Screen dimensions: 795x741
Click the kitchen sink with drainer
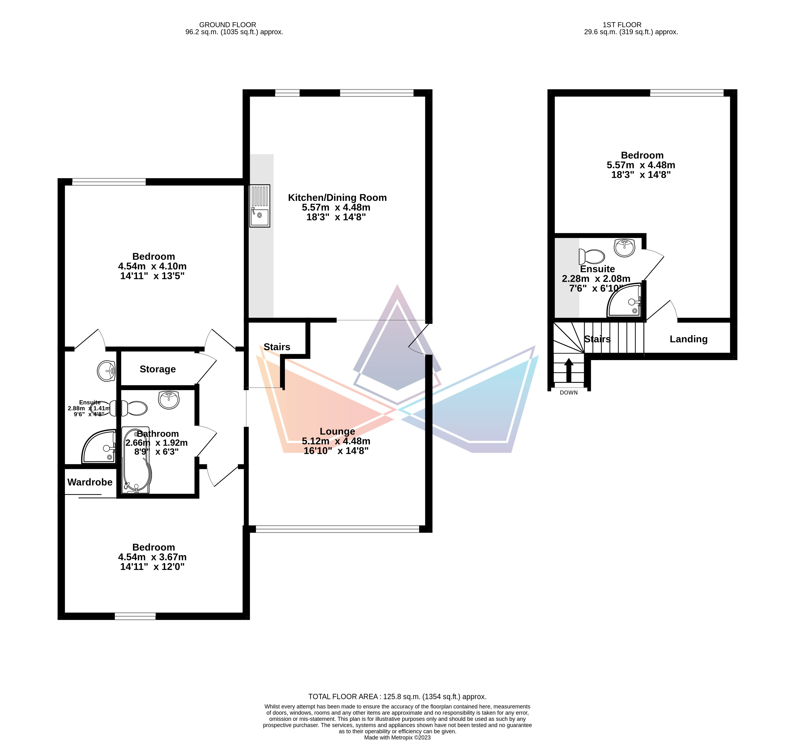tap(260, 206)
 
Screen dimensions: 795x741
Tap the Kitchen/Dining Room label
tap(337, 197)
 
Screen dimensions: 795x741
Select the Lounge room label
tap(337, 431)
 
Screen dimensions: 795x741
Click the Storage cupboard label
tap(158, 369)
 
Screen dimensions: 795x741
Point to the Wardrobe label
tap(90, 482)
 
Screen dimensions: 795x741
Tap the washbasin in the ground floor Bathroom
tap(169, 400)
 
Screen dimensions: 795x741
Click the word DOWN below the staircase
tap(569, 392)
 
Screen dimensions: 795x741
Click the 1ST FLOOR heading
tap(622, 25)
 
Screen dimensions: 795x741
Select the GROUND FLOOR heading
tap(228, 25)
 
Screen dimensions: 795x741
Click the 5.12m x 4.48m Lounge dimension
tap(336, 441)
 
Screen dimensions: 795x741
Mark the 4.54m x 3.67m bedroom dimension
tap(152, 557)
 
